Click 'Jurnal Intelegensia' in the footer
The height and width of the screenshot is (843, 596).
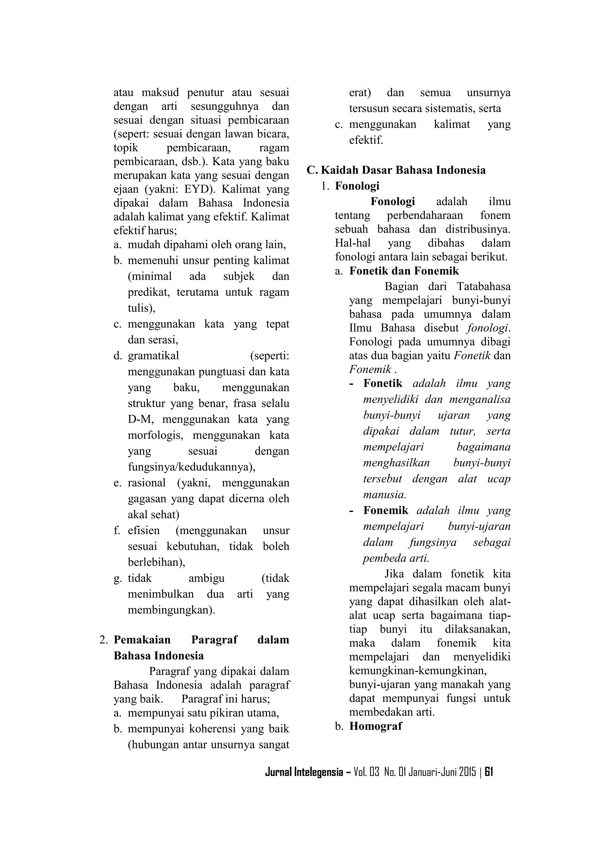304,772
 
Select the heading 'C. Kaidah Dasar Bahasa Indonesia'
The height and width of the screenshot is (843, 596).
396,170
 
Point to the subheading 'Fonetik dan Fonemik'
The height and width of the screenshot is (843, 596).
404,271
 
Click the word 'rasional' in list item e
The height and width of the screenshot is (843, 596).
146,482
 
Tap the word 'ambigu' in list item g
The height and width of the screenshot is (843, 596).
206,578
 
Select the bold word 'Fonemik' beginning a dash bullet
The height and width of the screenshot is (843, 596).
386,510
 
